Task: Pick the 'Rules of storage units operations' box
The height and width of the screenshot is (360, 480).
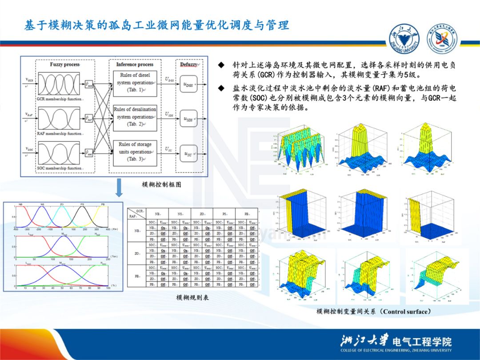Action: point(135,152)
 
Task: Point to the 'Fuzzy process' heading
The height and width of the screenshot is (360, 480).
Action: point(65,64)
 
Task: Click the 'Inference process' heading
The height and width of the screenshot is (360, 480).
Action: point(135,64)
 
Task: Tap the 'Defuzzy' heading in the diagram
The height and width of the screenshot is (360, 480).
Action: point(189,64)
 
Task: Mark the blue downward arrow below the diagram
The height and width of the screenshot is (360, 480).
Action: point(119,188)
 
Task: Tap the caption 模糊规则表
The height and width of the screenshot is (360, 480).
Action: point(192,297)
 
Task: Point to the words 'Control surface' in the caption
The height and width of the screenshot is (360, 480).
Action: point(406,312)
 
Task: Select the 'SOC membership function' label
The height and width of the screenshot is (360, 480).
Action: point(59,168)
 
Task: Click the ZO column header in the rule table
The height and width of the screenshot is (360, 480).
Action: point(202,213)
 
